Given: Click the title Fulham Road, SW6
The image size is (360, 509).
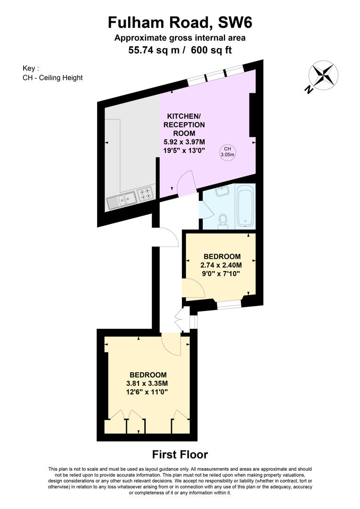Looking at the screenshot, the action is point(180,23).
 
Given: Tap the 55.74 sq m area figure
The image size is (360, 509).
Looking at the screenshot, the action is point(154,50).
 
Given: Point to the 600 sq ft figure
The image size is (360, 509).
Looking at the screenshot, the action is point(211,50).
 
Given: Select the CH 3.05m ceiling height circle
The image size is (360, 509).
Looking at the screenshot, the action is point(227,152).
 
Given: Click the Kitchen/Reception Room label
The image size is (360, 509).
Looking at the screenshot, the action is point(184,124).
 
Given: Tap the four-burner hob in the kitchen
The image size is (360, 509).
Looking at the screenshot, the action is point(146,194).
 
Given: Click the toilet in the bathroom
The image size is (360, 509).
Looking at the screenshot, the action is point(223,222).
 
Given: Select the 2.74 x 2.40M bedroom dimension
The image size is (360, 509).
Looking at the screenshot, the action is point(221,265).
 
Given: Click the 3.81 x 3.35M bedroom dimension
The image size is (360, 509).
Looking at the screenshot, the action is point(147,383).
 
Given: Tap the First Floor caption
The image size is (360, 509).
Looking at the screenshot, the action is point(180,454).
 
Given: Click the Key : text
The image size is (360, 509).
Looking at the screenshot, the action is point(31,68).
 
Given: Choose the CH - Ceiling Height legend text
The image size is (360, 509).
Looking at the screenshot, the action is point(53,78).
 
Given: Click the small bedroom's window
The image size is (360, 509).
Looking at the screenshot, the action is point(229,304).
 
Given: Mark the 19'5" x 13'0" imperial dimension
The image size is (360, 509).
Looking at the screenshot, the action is point(184,150).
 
